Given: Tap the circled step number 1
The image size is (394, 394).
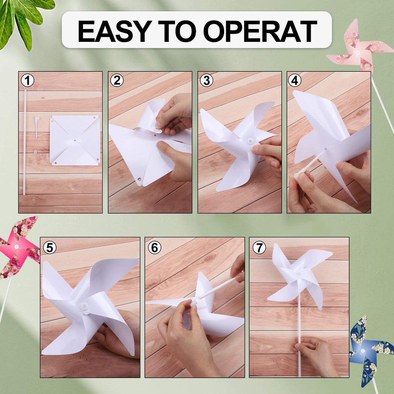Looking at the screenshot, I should (27, 80).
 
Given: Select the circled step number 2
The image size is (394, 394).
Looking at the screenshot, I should (117, 80).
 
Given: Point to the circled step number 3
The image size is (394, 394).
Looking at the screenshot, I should (206, 80).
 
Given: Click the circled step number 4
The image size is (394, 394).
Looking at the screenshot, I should (295, 80).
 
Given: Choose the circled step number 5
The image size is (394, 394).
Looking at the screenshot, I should (49, 248).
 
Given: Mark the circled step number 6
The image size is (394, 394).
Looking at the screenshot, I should (154, 248).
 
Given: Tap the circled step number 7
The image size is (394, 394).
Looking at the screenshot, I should (259, 248).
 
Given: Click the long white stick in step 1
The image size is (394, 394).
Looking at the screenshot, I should (24, 143).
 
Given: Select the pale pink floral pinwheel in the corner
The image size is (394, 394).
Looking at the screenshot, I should (359, 49).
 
